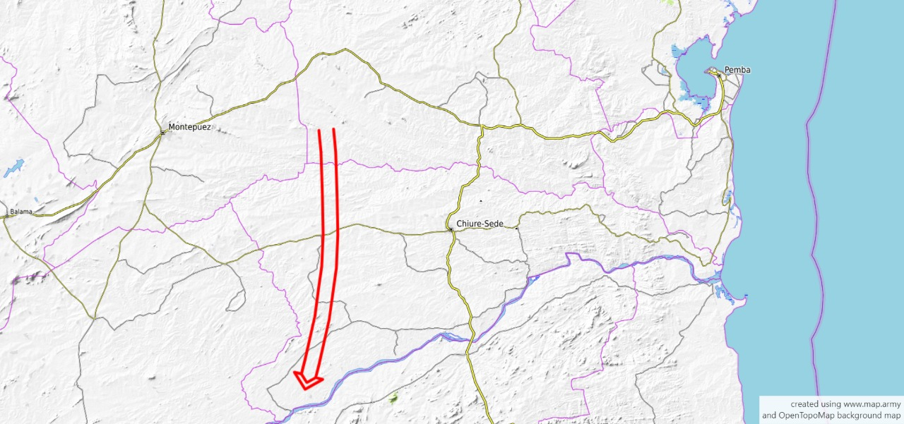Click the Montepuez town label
(189, 128)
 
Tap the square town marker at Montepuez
(163, 131)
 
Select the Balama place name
(22, 211)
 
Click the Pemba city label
(737, 70)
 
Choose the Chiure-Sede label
(480, 224)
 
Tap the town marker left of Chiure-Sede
(451, 229)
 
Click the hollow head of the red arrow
(307, 381)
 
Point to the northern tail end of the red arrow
(326, 131)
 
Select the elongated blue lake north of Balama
(13, 169)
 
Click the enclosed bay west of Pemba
(691, 74)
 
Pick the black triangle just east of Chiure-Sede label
(516, 229)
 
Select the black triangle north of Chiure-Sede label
(481, 202)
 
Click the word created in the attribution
(804, 404)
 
